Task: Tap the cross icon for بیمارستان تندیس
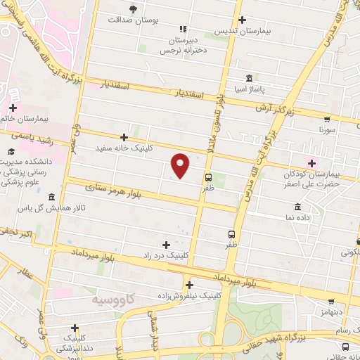pyautogui.click(x=243, y=20)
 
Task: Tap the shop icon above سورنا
pyautogui.click(x=327, y=120)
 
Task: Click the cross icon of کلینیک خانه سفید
pyautogui.click(x=124, y=137)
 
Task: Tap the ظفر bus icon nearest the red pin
pyautogui.click(x=208, y=177)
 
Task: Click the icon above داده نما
pyautogui.click(x=298, y=207)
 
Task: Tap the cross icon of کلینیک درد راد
pyautogui.click(x=166, y=245)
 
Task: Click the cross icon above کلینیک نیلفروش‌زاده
pyautogui.click(x=189, y=285)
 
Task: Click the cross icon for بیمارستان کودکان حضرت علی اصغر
pyautogui.click(x=311, y=163)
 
